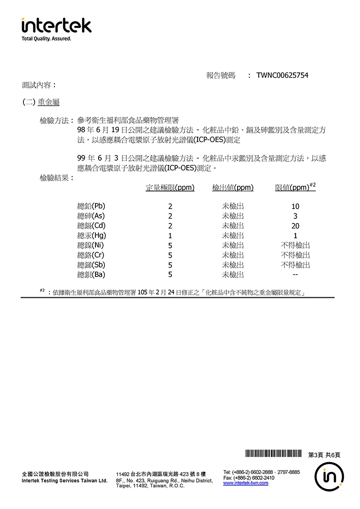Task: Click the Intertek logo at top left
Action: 56,28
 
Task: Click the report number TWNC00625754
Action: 282,76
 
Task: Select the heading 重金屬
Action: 49,103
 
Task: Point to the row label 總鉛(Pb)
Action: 91,206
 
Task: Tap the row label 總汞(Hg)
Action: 92,236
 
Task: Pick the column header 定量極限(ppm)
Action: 170,188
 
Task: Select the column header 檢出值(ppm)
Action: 233,188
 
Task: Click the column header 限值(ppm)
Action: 292,188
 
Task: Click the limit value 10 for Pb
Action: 295,207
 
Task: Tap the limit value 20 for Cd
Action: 295,226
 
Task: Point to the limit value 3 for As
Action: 295,216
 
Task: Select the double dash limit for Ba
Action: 295,275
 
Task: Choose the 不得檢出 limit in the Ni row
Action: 295,246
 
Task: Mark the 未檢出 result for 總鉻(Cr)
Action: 233,255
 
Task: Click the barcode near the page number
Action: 273,454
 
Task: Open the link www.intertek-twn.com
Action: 246,483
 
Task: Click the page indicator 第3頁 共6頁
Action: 324,455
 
